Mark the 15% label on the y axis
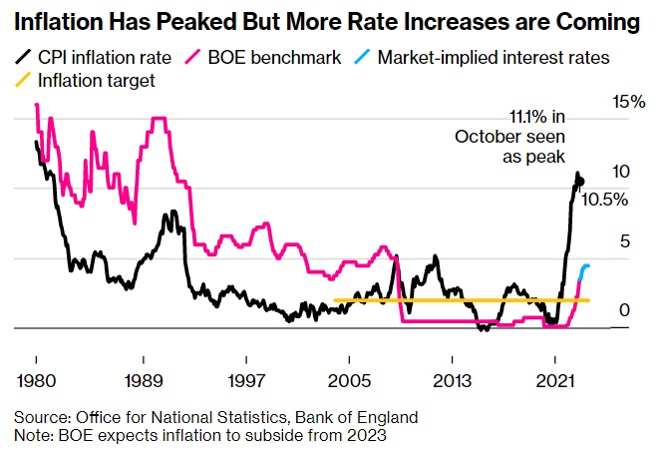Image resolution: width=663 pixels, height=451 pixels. (629, 102)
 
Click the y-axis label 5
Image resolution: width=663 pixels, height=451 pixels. (625, 240)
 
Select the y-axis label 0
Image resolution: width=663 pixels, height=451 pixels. (625, 311)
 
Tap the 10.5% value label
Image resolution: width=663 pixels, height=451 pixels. (604, 200)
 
